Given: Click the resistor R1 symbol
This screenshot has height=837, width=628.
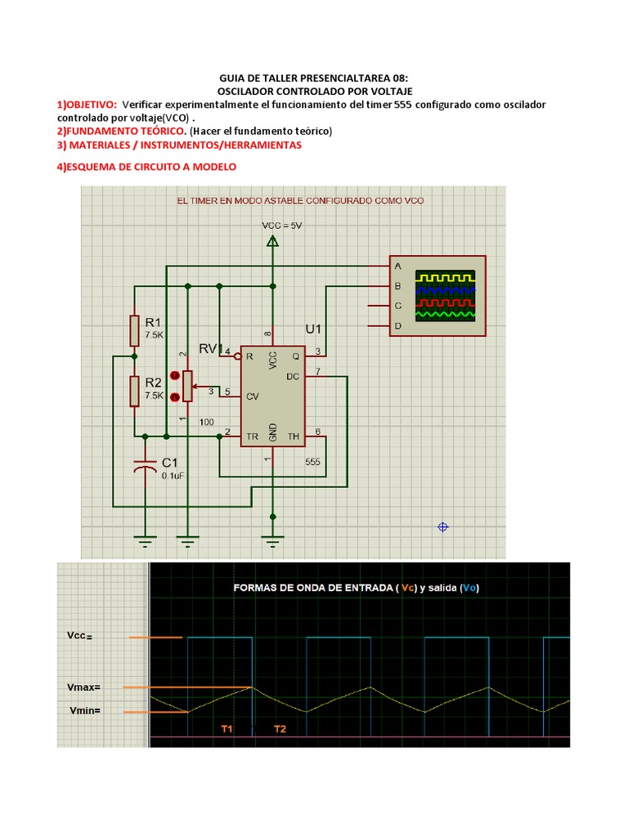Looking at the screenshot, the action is tap(134, 330).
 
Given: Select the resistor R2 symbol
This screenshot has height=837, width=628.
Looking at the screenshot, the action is tap(134, 391).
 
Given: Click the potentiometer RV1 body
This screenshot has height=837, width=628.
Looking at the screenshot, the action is tap(187, 386).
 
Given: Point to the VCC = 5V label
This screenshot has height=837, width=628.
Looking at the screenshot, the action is tap(282, 226).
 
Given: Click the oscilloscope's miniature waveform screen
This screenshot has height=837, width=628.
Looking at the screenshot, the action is tap(446, 295).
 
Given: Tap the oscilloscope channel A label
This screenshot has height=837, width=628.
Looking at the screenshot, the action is tap(398, 266).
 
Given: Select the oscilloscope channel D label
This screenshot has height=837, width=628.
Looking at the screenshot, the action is tap(398, 325).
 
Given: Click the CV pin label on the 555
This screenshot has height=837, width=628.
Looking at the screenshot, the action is tap(252, 396).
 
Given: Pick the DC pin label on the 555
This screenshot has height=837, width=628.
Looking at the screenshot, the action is tap(293, 376).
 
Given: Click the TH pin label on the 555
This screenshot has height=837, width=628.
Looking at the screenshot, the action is tap(294, 436).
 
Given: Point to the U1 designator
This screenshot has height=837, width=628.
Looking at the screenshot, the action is tap(313, 329).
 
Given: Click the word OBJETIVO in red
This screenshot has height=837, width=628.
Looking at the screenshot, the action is tap(90, 105).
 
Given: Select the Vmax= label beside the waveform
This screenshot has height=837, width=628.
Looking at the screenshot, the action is tap(84, 687).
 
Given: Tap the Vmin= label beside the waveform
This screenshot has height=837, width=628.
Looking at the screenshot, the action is tap(85, 710).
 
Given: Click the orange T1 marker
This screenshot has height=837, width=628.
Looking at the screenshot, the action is tap(227, 728).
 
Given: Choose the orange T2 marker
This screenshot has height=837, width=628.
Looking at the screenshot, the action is tap(280, 728).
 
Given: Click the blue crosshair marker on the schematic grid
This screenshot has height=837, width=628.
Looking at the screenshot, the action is tap(442, 527).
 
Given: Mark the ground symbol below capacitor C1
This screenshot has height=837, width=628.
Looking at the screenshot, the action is tap(145, 541).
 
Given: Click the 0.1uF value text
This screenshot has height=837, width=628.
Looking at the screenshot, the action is tap(173, 476).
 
